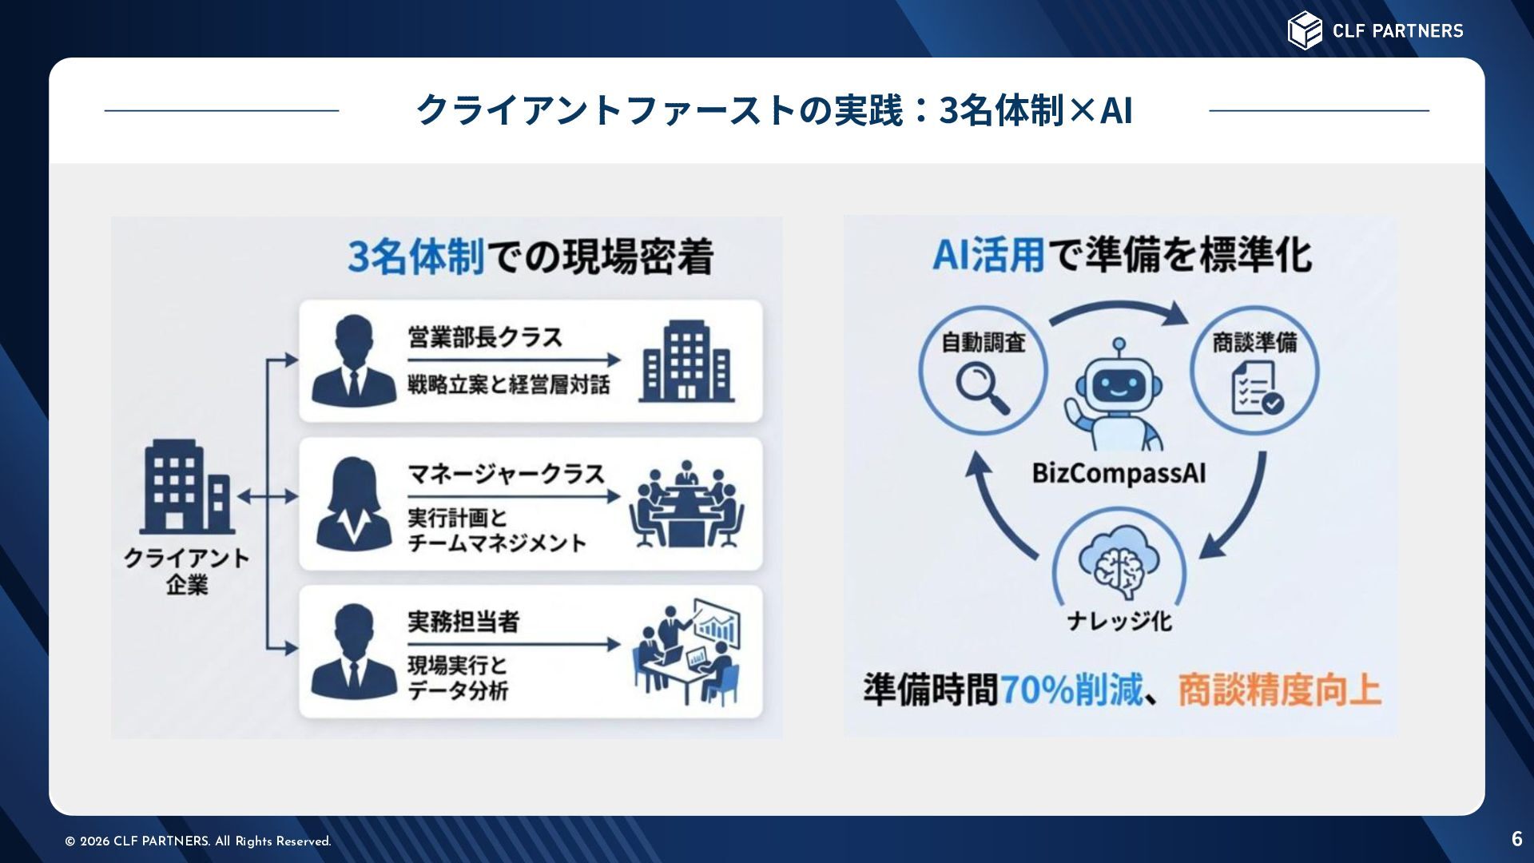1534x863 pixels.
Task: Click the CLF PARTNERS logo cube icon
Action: pos(1305,30)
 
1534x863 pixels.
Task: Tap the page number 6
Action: pos(1516,838)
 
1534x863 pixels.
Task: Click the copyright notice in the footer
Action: pos(198,841)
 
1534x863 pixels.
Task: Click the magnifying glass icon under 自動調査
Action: pos(983,388)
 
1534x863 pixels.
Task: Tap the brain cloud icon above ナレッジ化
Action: pos(1119,564)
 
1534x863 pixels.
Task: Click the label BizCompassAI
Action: pos(1119,473)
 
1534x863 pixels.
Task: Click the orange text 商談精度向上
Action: pos(1279,690)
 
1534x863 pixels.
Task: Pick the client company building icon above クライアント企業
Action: pos(187,487)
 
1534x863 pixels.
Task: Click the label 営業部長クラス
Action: pos(485,337)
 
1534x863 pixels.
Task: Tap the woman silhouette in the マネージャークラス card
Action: pos(354,504)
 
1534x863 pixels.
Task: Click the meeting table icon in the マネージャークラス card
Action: pos(686,504)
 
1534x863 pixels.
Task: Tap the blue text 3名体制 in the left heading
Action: pos(416,257)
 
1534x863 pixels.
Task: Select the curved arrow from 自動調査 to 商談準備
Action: pos(1119,311)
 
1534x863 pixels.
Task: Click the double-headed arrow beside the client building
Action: pos(267,497)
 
